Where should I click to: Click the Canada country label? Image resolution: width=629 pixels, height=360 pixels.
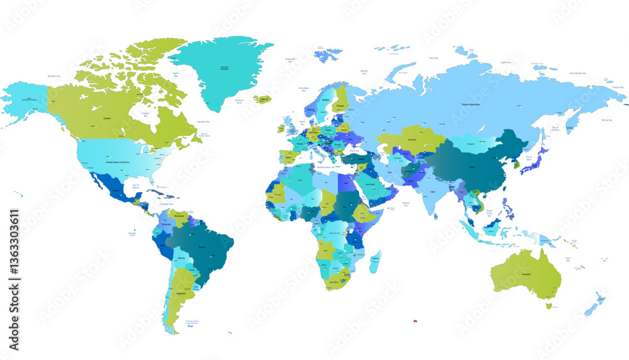(107, 118)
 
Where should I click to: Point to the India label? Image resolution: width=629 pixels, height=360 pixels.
(433, 192)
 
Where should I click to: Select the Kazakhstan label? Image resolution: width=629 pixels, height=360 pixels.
(413, 139)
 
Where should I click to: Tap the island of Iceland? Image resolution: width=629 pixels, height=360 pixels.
(262, 99)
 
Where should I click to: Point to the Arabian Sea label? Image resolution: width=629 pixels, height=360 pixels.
(406, 204)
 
